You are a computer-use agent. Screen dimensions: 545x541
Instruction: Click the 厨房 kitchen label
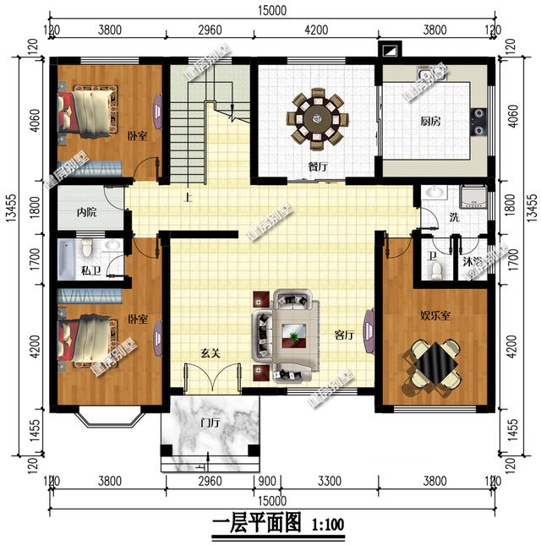pyautogui.click(x=429, y=121)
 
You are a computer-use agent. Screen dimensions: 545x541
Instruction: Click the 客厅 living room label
pyautogui.click(x=343, y=335)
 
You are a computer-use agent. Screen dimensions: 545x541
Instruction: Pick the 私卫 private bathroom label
pyautogui.click(x=91, y=273)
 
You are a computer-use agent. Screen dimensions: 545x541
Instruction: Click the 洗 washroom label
pyautogui.click(x=430, y=217)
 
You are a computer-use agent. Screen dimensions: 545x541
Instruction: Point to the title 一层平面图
pyautogui.click(x=256, y=524)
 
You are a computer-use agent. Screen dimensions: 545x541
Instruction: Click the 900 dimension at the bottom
pyautogui.click(x=266, y=482)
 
